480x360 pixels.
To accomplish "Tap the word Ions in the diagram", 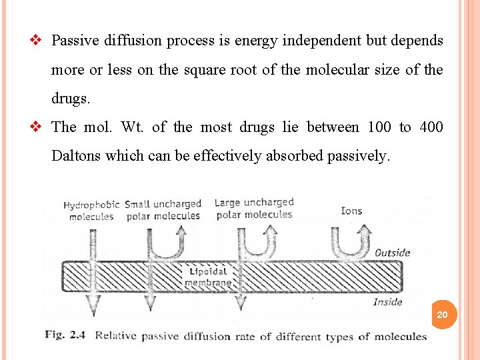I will pos(351,211).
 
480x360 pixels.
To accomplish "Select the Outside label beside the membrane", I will pos(392,253).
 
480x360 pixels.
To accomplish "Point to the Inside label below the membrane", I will pos(387,302).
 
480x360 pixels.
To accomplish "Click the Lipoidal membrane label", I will pos(209,277).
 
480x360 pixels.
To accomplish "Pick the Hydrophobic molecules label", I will pos(91,211).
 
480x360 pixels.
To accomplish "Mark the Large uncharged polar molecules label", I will pos(253,208).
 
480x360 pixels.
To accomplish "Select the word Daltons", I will pos(76,156).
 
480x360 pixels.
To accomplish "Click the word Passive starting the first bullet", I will pos(75,40).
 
